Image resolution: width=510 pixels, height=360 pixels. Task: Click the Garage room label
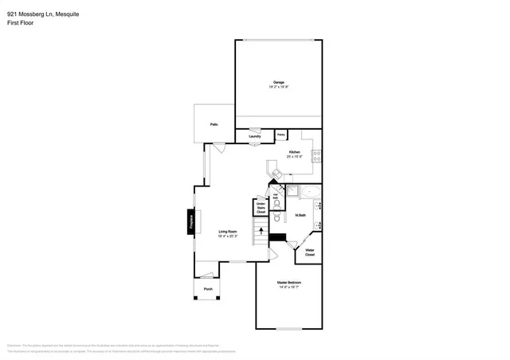click(279, 83)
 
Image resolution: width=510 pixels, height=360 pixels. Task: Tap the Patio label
click(214, 125)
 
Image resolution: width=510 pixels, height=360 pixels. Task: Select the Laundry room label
click(255, 136)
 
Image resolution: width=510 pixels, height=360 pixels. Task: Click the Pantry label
click(281, 135)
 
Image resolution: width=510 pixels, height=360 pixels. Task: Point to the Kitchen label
click(294, 153)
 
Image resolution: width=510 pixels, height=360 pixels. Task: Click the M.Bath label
click(301, 215)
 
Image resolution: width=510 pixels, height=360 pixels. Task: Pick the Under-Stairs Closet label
click(261, 209)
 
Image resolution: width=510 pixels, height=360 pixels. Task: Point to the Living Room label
click(229, 233)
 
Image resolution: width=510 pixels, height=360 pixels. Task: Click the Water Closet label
click(310, 252)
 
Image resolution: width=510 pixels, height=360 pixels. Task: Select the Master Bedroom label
click(288, 284)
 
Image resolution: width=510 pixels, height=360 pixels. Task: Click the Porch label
click(208, 288)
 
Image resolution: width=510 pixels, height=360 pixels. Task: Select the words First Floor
click(20, 23)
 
